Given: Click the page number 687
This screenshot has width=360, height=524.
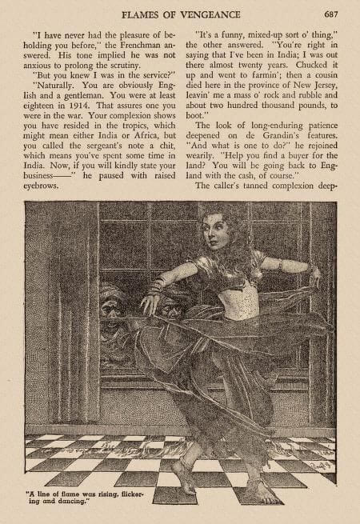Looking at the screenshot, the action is click(332, 14).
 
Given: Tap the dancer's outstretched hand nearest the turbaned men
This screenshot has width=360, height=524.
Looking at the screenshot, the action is click(148, 301).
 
